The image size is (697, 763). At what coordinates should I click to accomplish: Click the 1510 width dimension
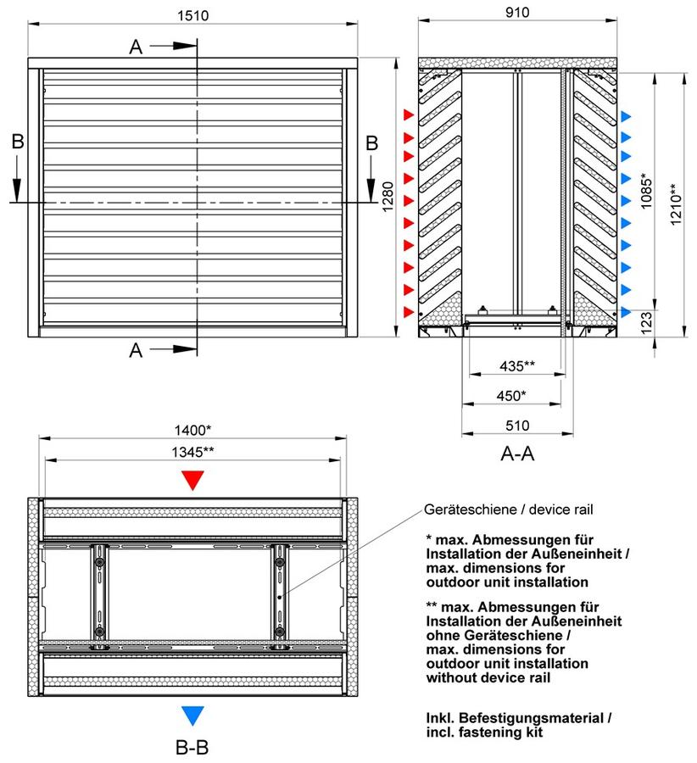click(192, 15)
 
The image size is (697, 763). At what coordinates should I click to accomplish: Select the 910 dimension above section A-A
click(517, 12)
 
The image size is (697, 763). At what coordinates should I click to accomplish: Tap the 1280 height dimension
click(388, 197)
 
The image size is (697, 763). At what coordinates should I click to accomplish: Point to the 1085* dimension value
click(646, 191)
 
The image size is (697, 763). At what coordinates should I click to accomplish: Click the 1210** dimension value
click(676, 203)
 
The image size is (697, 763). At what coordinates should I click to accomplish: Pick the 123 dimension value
click(646, 323)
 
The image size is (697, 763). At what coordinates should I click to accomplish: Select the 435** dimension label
click(517, 365)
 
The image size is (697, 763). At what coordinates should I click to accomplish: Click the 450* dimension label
click(511, 396)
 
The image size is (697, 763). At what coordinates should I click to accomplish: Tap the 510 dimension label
click(517, 426)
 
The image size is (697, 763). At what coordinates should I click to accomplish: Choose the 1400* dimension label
click(192, 430)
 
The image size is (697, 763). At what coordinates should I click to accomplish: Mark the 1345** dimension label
click(192, 452)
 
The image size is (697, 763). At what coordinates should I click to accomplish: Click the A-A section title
click(517, 454)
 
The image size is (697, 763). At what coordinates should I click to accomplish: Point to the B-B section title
click(192, 748)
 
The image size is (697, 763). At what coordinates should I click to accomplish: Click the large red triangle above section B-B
click(192, 479)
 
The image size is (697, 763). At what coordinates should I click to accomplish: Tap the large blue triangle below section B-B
click(192, 715)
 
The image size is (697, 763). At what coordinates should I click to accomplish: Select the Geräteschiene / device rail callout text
click(509, 510)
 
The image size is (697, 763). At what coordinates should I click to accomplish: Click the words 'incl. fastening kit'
click(484, 732)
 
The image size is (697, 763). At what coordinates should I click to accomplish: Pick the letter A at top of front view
click(136, 47)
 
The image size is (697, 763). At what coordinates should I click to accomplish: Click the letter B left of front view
click(18, 142)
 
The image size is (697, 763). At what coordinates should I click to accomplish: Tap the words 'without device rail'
click(488, 677)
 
